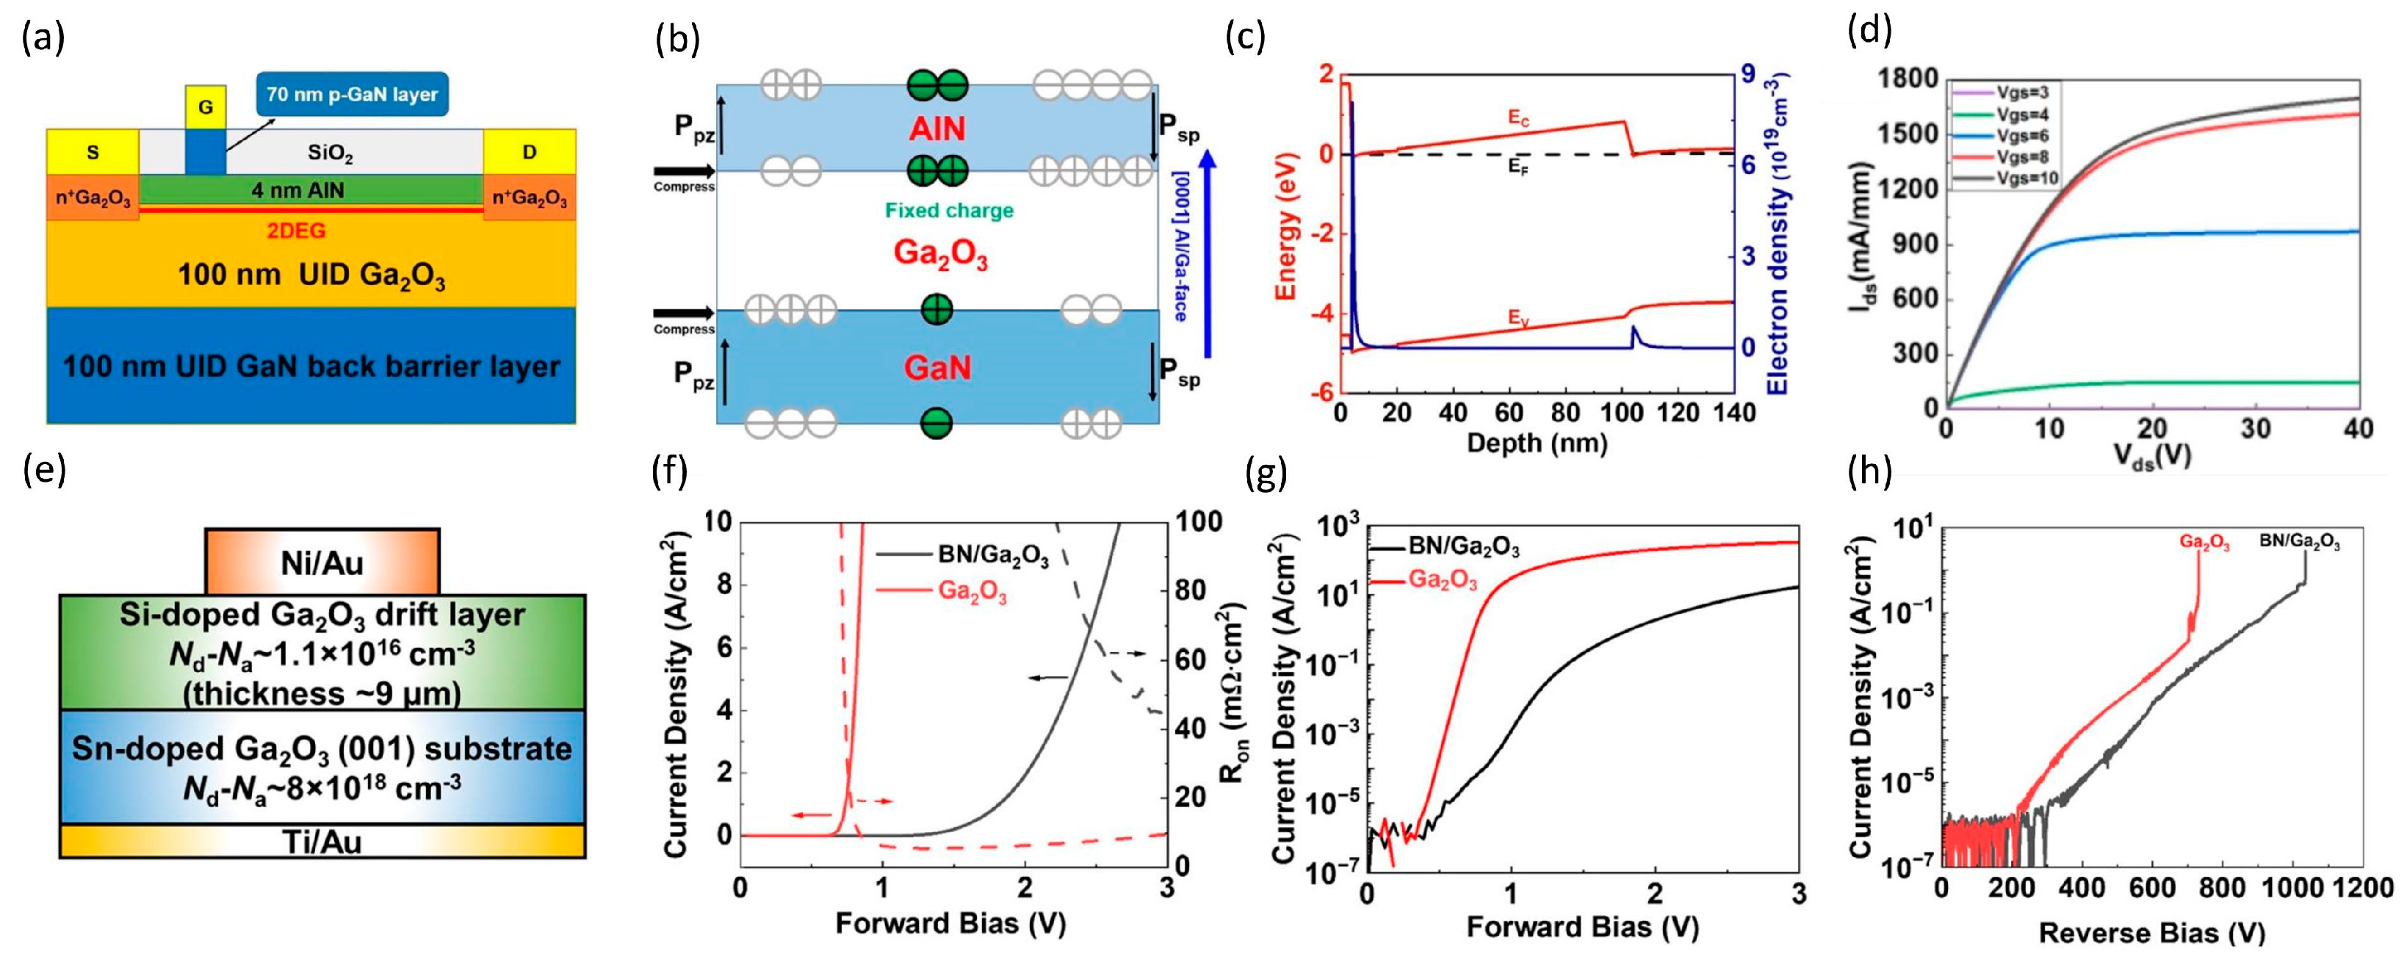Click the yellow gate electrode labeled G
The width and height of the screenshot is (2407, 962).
pos(205,107)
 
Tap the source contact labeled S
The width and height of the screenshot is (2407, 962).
pos(93,152)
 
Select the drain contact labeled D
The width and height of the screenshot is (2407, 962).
pos(529,152)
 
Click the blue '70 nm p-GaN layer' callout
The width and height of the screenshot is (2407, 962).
pos(353,94)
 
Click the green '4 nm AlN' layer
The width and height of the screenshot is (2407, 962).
pos(298,190)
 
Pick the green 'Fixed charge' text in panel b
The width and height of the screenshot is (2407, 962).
pos(949,211)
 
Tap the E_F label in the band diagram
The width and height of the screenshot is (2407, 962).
pos(1518,169)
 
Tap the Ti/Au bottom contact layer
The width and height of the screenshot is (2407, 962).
pos(322,842)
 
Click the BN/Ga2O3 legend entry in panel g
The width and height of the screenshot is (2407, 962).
pos(1463,547)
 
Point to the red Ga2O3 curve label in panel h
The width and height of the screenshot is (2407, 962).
pos(2204,543)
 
